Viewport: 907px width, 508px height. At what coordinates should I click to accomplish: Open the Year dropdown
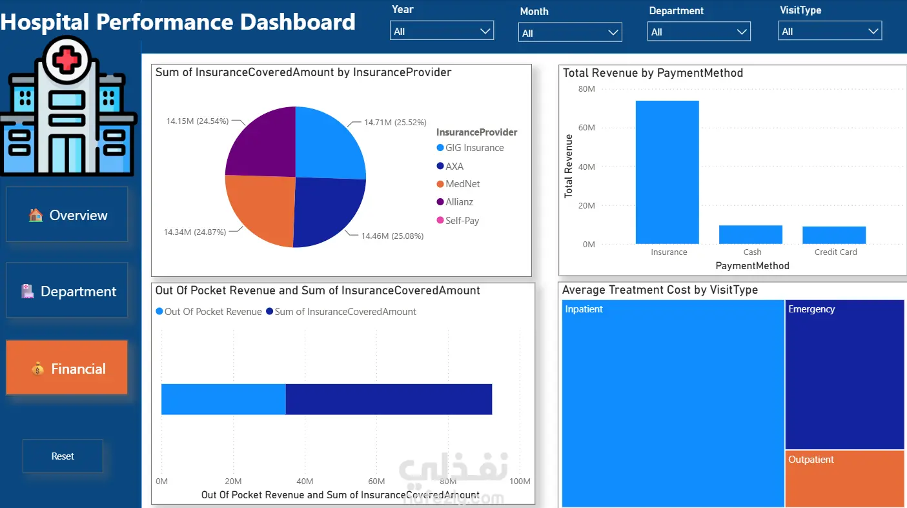[x=442, y=31]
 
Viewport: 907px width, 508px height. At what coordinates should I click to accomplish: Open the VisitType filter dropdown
[x=830, y=31]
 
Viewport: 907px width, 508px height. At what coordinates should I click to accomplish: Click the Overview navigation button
[x=66, y=214]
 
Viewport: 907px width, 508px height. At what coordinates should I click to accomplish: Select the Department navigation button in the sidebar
[x=66, y=290]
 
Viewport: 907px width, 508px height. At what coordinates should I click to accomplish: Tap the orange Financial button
[x=66, y=367]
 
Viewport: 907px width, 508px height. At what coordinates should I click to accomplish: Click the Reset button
[x=63, y=456]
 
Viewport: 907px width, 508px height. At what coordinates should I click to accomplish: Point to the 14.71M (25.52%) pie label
[x=395, y=122]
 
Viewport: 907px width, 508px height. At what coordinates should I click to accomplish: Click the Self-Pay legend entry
[x=458, y=221]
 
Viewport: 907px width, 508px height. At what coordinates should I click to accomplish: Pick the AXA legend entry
[x=450, y=166]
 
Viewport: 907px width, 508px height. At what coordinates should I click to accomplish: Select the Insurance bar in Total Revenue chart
[x=668, y=172]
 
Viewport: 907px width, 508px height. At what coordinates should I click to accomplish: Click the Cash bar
[x=751, y=235]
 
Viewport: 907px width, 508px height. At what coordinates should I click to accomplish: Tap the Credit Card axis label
[x=836, y=252]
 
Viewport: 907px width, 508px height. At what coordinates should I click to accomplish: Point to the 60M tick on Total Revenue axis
[x=587, y=128]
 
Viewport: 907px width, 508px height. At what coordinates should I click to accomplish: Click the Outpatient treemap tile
[x=844, y=478]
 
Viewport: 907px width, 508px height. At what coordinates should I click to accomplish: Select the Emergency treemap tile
[x=844, y=374]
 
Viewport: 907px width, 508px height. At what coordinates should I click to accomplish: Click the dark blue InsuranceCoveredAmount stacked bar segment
[x=389, y=399]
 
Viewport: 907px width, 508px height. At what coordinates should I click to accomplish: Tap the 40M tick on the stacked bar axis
[x=305, y=482]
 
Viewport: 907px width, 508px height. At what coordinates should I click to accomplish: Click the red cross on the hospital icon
[x=66, y=60]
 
